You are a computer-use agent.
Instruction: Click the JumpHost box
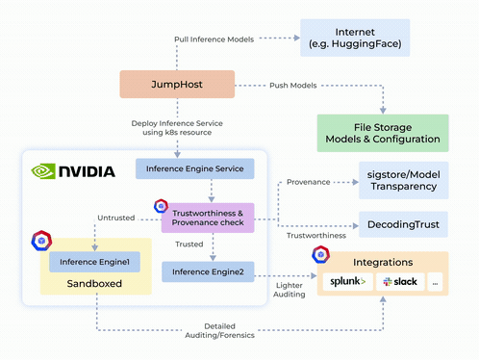(x=177, y=84)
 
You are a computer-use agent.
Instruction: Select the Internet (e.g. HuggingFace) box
(x=355, y=38)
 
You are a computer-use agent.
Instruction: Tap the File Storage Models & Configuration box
(x=383, y=133)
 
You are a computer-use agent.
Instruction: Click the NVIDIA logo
(x=73, y=172)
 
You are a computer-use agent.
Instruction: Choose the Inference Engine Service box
(x=194, y=169)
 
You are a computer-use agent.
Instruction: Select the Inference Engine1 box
(x=94, y=261)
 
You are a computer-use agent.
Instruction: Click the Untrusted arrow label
(x=116, y=218)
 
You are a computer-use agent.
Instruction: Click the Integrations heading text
(x=383, y=261)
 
